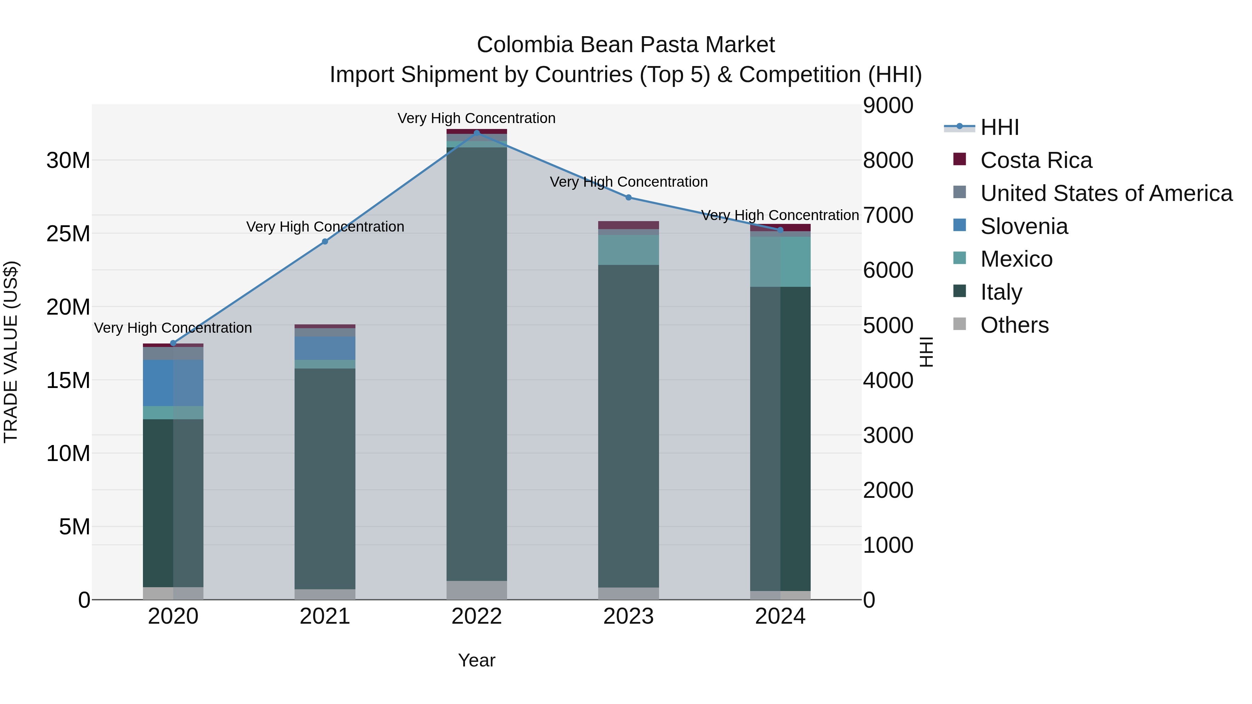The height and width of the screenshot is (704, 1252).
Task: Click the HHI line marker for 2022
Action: click(476, 133)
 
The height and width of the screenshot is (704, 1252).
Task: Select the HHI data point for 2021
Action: click(325, 242)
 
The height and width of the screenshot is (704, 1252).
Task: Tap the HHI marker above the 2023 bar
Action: click(628, 197)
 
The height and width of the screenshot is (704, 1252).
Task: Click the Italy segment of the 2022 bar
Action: click(476, 364)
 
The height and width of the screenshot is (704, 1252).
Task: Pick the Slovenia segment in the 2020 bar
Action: click(173, 383)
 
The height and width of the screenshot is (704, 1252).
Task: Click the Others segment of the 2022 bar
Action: click(476, 590)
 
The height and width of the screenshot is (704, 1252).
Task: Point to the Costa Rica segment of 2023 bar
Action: click(628, 225)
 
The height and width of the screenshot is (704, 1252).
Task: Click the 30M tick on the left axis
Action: click(68, 160)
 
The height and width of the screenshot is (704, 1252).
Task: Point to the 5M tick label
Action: click(74, 527)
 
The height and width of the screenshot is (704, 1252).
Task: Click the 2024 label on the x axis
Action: click(780, 616)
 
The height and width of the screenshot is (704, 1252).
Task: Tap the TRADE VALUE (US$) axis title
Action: click(11, 352)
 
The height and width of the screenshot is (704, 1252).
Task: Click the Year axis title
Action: click(476, 660)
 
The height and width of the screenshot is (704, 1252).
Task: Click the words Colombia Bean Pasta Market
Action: click(626, 45)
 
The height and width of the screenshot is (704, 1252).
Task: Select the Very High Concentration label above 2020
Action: click(173, 328)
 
